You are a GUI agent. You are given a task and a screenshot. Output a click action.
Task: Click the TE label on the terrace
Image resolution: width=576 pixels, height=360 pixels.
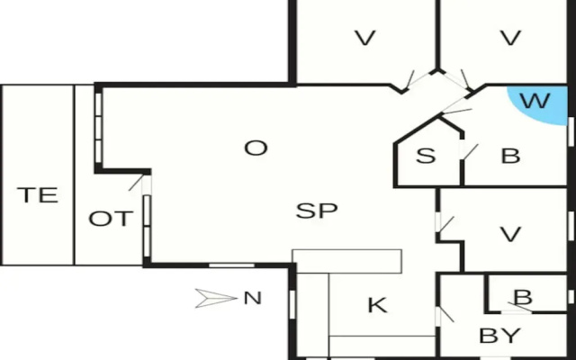click(x=38, y=195)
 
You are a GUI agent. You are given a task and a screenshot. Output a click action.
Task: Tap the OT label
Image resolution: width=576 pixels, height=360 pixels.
click(x=111, y=219)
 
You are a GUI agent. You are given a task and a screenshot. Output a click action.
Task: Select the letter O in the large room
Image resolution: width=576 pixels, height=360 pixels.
click(x=256, y=148)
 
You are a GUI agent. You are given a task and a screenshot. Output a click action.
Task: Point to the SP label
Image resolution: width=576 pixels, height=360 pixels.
click(x=317, y=211)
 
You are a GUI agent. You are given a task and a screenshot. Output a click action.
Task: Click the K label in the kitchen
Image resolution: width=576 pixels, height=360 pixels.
click(x=377, y=305)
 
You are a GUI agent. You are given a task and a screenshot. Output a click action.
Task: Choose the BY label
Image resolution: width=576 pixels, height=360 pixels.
click(x=499, y=336)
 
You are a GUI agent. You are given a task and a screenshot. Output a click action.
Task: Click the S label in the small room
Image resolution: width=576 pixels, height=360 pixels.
click(x=426, y=156)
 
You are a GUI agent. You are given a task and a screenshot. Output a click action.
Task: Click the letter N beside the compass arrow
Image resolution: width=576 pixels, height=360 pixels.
click(x=253, y=298)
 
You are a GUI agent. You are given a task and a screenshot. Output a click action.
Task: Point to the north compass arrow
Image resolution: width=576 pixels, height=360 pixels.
click(x=216, y=298)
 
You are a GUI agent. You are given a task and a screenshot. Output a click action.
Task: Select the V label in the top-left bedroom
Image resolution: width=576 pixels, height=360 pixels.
click(x=364, y=38)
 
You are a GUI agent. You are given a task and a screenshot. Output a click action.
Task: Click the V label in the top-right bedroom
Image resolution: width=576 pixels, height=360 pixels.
click(x=510, y=38)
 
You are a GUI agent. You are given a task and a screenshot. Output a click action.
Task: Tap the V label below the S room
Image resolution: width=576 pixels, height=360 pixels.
click(x=510, y=234)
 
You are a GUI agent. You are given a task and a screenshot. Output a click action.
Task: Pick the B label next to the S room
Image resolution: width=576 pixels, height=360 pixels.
click(x=510, y=156)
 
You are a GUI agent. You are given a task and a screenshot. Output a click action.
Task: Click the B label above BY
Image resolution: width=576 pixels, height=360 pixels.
click(x=523, y=298)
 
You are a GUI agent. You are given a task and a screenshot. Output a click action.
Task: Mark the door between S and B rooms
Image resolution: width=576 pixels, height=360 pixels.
click(x=468, y=151)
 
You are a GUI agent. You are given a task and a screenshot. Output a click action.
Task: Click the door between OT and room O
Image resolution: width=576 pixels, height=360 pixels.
click(x=139, y=184)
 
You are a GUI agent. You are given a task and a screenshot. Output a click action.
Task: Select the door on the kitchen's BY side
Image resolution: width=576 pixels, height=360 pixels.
click(x=445, y=315)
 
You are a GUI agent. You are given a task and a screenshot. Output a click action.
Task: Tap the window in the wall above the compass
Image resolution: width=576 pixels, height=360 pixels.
click(x=231, y=265)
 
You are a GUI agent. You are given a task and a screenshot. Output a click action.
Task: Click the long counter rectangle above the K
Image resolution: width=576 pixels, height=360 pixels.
click(x=346, y=262)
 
